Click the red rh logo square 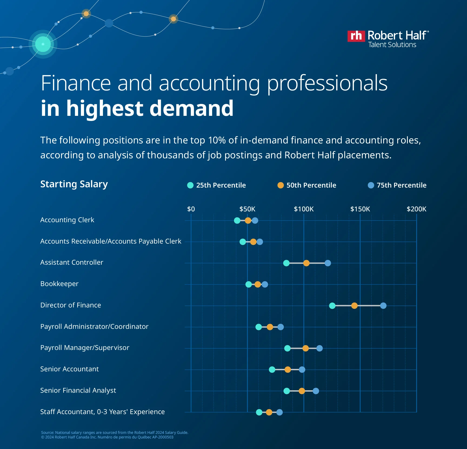pyautogui.click(x=356, y=36)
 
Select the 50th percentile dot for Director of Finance pyautogui.click(x=354, y=306)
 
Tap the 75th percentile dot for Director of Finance pyautogui.click(x=383, y=306)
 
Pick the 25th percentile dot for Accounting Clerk pyautogui.click(x=237, y=221)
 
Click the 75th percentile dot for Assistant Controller pyautogui.click(x=328, y=263)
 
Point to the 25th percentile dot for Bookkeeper pyautogui.click(x=248, y=284)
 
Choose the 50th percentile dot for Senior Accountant pyautogui.click(x=288, y=370)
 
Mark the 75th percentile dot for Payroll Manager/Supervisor pyautogui.click(x=319, y=348)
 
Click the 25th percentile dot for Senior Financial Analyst pyautogui.click(x=287, y=391)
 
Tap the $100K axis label pyautogui.click(x=304, y=209)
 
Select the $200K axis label pyautogui.click(x=416, y=209)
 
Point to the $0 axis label pyautogui.click(x=191, y=209)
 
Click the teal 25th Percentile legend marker pyautogui.click(x=190, y=185)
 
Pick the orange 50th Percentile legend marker pyautogui.click(x=281, y=185)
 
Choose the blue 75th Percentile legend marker pyautogui.click(x=371, y=185)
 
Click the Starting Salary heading pyautogui.click(x=74, y=184)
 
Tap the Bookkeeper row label pyautogui.click(x=59, y=284)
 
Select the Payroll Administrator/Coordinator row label pyautogui.click(x=94, y=327)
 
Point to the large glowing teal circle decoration pyautogui.click(x=43, y=44)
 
